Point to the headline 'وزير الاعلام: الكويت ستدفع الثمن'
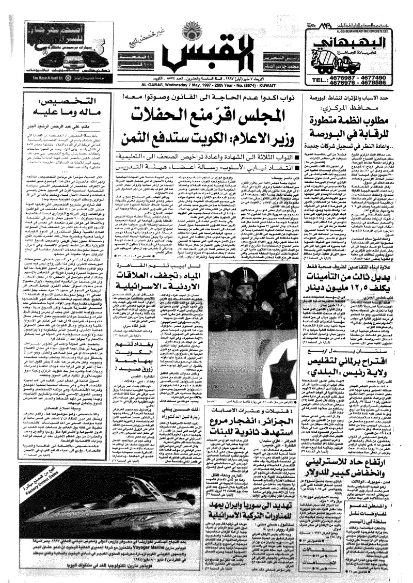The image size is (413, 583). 204,138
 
